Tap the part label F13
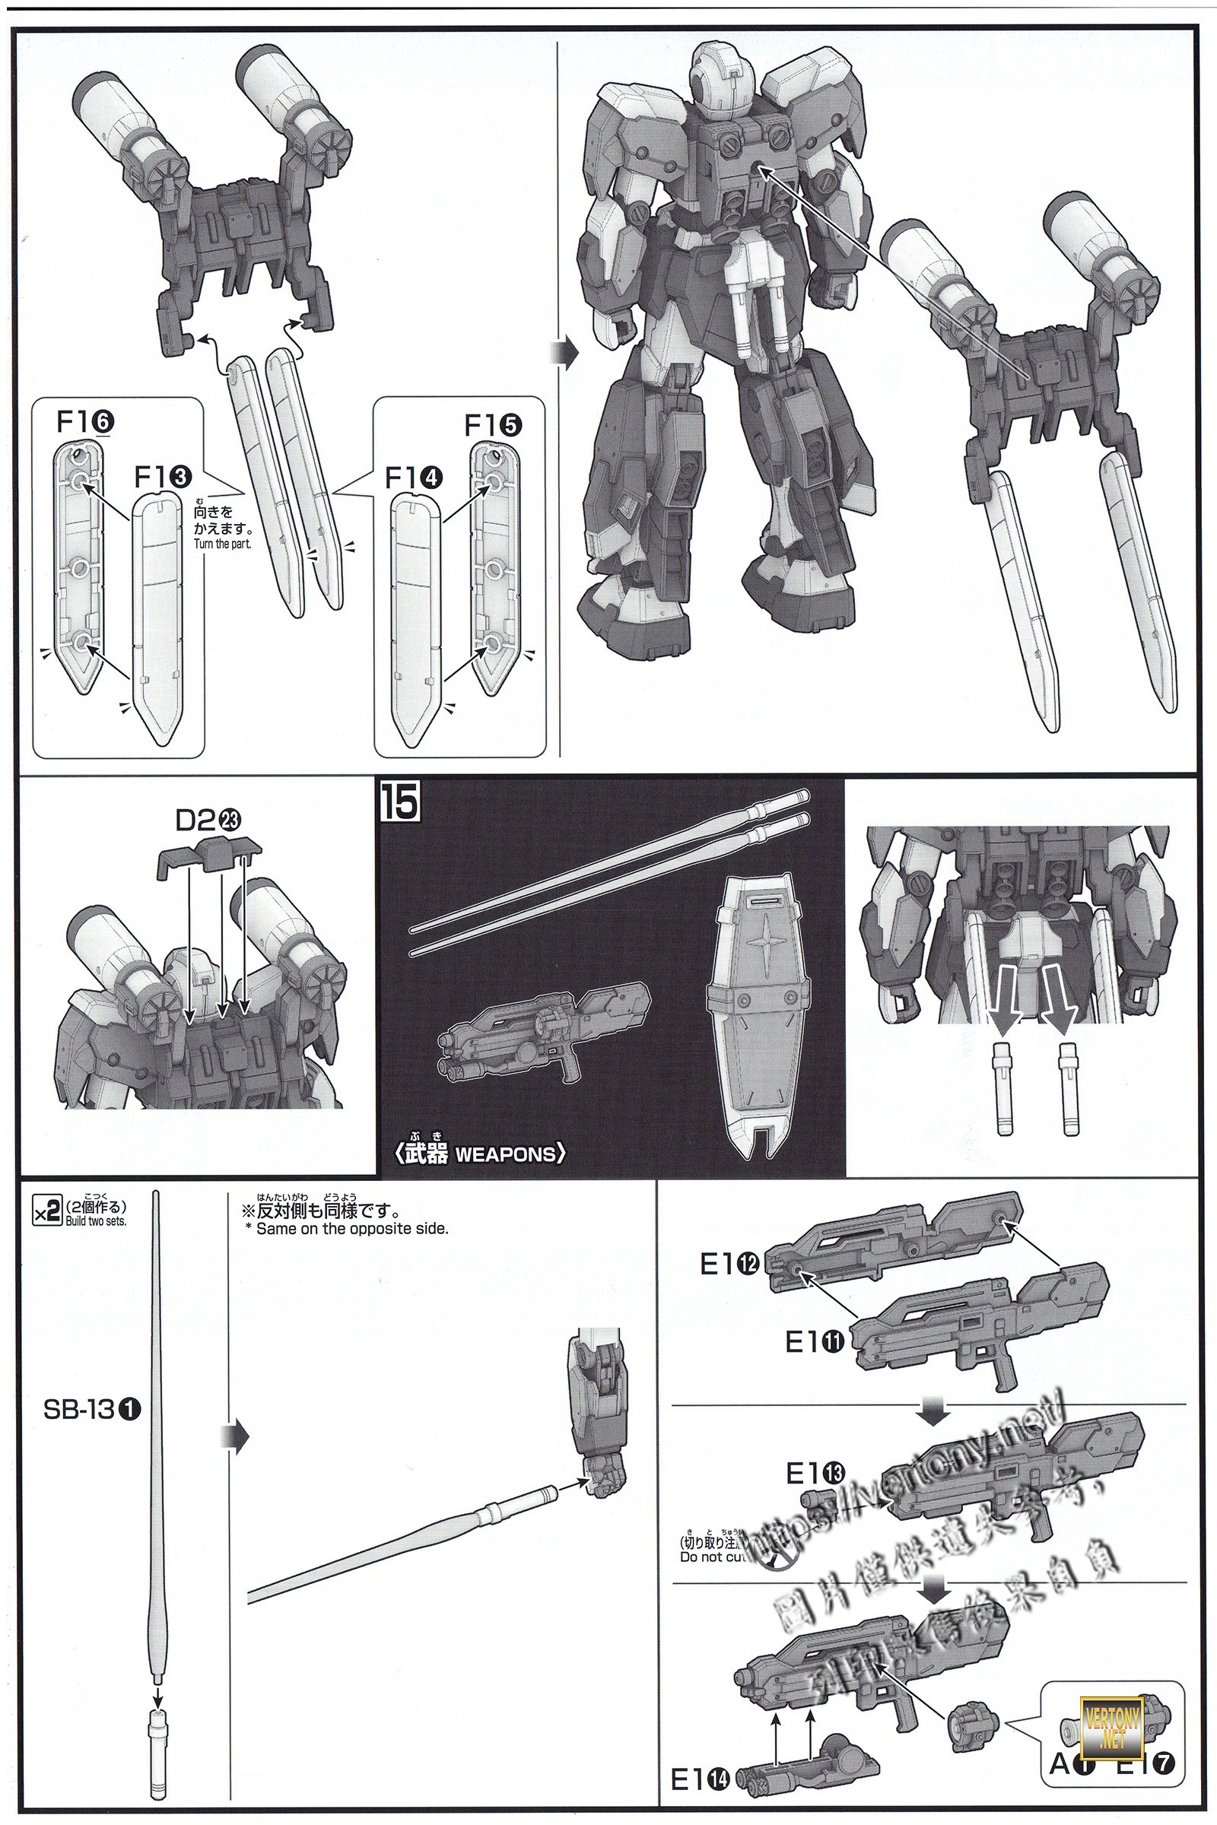coord(163,478)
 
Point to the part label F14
coord(414,479)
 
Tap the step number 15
coord(400,802)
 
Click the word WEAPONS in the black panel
coord(505,1154)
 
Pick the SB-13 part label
coord(91,1409)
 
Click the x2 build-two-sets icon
coord(47,1212)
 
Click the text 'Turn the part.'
coord(223,544)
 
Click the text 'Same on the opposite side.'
coord(351,1228)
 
